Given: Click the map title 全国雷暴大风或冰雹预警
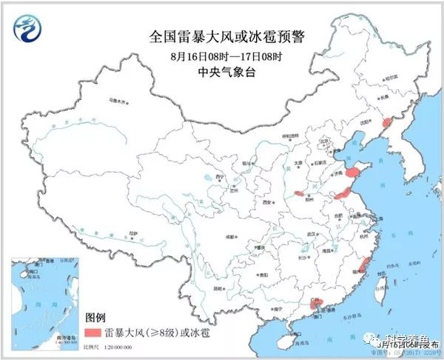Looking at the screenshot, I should [x=222, y=36].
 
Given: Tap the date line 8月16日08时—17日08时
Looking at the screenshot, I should [x=223, y=56].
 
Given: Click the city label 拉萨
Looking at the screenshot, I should [x=132, y=233].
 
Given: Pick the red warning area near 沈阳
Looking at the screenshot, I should [x=386, y=122].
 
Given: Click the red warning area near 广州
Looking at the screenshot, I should [x=316, y=302].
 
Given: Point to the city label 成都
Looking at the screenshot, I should [x=232, y=236].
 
